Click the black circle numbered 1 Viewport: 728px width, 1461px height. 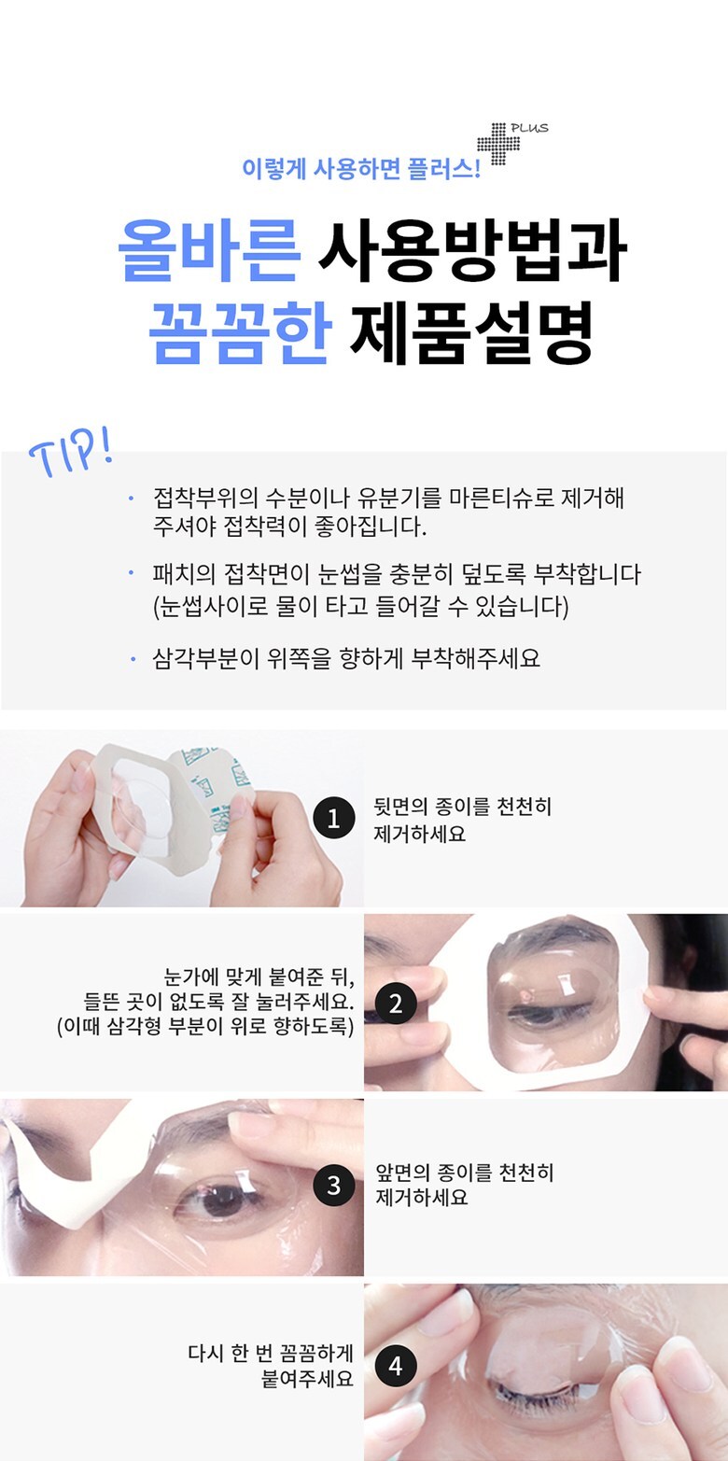point(333,818)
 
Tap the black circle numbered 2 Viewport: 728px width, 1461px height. point(396,1004)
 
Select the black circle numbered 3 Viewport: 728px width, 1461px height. point(333,1185)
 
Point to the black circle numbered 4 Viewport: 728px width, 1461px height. point(396,1366)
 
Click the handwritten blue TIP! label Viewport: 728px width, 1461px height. point(70,452)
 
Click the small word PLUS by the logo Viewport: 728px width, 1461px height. point(530,128)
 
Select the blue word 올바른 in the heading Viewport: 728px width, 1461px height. point(209,250)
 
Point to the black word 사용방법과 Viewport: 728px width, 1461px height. point(473,250)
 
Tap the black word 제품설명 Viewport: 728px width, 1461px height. point(471,331)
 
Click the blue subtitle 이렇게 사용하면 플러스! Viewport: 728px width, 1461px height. point(361,169)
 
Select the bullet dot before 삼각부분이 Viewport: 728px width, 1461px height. point(133,659)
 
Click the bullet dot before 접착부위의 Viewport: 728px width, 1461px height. point(133,499)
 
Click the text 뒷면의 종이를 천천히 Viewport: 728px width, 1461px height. point(463,807)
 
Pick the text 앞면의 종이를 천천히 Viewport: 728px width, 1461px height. point(465,1173)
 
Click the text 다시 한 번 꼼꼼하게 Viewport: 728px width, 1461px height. point(271,1353)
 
